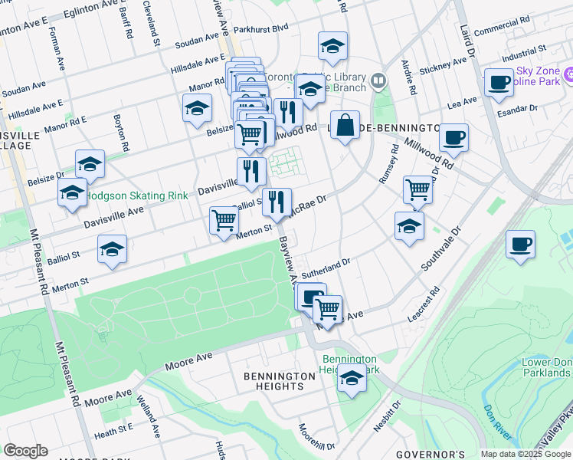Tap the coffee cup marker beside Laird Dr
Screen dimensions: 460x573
[x=499, y=82]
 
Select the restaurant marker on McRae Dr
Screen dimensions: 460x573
[x=277, y=202]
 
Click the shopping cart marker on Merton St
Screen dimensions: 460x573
[x=224, y=220]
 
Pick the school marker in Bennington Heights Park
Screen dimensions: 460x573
[x=352, y=379]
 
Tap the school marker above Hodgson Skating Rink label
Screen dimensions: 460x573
[x=90, y=163]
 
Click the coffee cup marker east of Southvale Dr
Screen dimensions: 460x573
[x=520, y=244]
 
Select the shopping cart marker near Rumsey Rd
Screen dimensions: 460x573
[x=417, y=189]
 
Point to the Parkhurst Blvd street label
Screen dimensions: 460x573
[x=262, y=28]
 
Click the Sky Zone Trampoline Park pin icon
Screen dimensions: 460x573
[x=568, y=75]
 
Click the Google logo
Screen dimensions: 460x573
[x=25, y=451]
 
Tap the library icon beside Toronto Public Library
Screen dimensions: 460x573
[x=378, y=80]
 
